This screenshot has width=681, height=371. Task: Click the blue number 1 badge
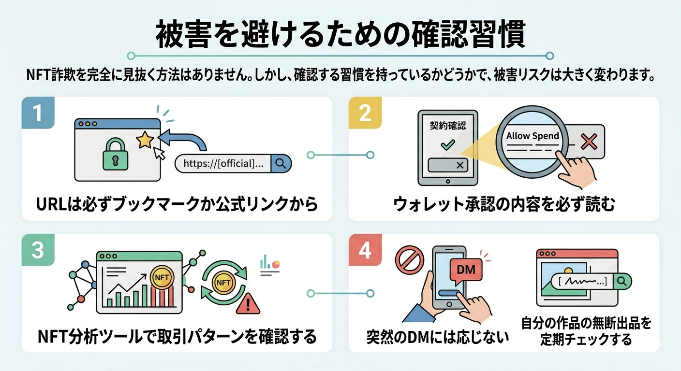coord(38,113)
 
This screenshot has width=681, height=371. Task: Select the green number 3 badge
coord(38,250)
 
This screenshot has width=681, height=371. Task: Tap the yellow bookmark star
coord(145,141)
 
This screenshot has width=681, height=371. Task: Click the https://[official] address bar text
coord(220,163)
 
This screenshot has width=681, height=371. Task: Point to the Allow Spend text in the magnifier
coord(533,136)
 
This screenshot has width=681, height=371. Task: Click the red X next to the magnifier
coord(589,142)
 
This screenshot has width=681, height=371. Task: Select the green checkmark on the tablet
coord(445,144)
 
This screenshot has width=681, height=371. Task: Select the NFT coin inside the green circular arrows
coord(223,282)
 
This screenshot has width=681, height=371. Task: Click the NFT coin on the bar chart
coord(160,277)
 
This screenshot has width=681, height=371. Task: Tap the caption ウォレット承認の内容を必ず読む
coord(503,205)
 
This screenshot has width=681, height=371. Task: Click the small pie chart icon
coord(276,264)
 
